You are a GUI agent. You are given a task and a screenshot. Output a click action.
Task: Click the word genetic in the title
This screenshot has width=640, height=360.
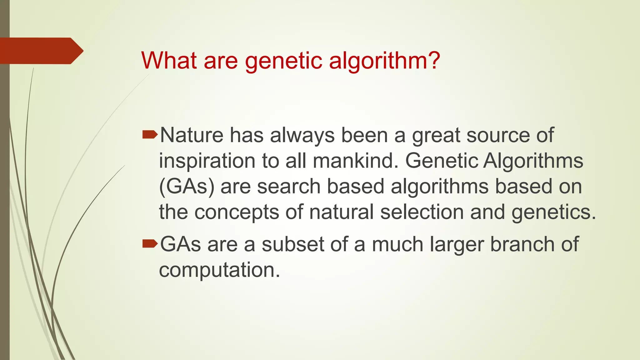(x=283, y=61)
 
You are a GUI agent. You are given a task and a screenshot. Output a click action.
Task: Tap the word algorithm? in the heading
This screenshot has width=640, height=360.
(x=384, y=61)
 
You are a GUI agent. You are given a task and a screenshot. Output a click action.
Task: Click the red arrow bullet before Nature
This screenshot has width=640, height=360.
(x=150, y=135)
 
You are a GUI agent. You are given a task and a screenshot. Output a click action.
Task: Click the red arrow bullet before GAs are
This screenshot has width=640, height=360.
(x=150, y=244)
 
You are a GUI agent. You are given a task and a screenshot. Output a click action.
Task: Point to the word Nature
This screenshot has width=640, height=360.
(x=192, y=135)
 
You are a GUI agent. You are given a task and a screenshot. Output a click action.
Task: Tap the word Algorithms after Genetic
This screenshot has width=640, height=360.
(x=533, y=161)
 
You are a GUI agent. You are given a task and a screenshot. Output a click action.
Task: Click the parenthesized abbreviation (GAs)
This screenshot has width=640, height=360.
(x=187, y=187)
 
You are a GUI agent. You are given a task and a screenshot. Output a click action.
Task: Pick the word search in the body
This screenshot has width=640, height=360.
(x=289, y=187)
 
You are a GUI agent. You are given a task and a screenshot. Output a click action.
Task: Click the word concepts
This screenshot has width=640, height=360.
(x=237, y=212)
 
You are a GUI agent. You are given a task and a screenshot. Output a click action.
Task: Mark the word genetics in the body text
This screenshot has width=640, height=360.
(x=553, y=212)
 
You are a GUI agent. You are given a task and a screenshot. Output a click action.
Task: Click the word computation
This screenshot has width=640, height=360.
(x=219, y=270)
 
